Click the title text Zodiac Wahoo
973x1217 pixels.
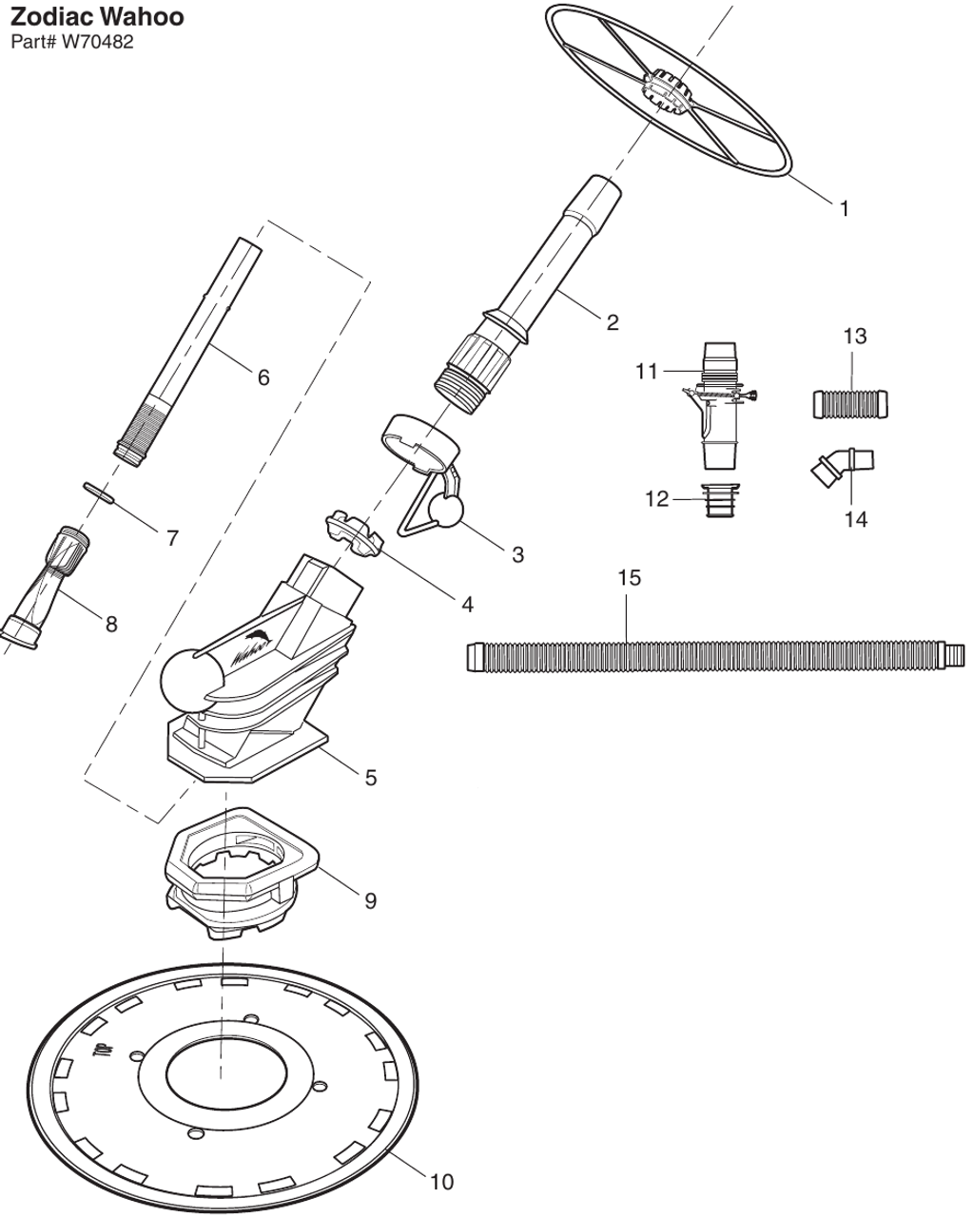[x=97, y=17]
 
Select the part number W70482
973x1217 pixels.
[x=72, y=42]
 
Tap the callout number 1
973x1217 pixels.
[x=844, y=208]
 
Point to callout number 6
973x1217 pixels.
[x=263, y=377]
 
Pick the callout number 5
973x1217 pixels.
[x=370, y=777]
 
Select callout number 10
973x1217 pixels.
[x=441, y=1182]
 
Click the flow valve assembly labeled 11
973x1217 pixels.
[x=720, y=407]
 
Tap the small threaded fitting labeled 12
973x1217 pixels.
[x=721, y=499]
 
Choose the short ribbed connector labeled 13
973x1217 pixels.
[x=853, y=403]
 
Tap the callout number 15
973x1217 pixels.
[x=629, y=578]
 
